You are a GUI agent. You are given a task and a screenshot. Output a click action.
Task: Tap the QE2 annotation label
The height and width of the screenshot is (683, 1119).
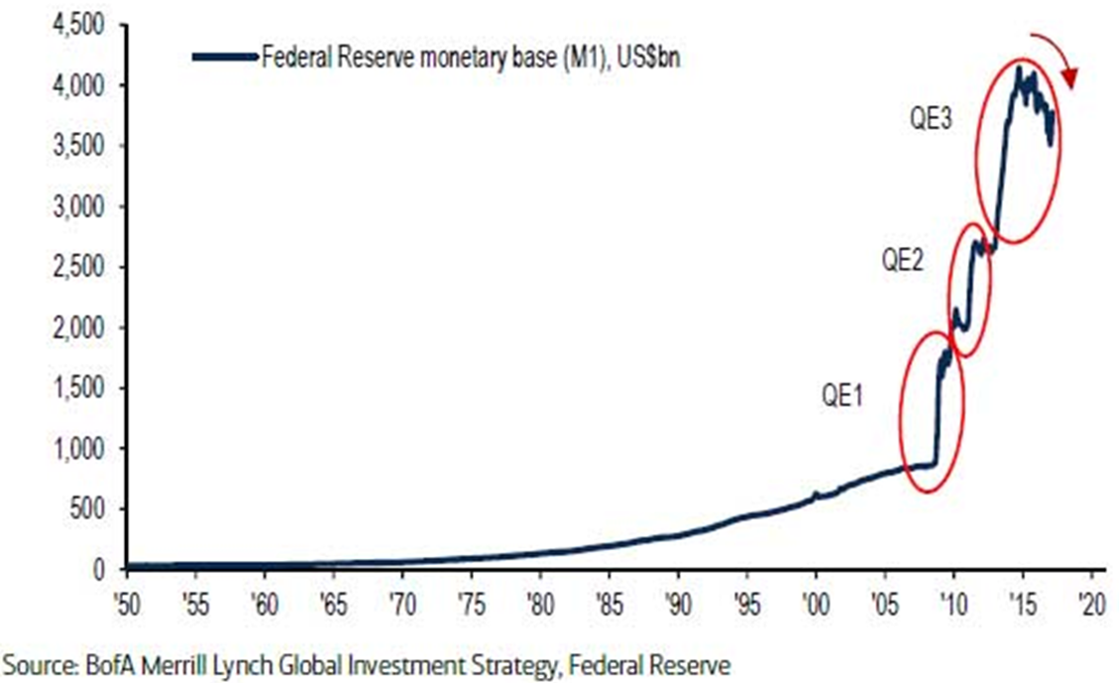pos(904,261)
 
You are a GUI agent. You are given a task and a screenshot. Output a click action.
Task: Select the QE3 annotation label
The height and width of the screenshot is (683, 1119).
pos(932,120)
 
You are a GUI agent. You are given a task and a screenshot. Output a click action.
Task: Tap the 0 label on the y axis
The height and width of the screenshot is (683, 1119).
pos(98,570)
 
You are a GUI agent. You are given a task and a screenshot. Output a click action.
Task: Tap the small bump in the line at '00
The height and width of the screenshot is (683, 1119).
pos(816,493)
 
